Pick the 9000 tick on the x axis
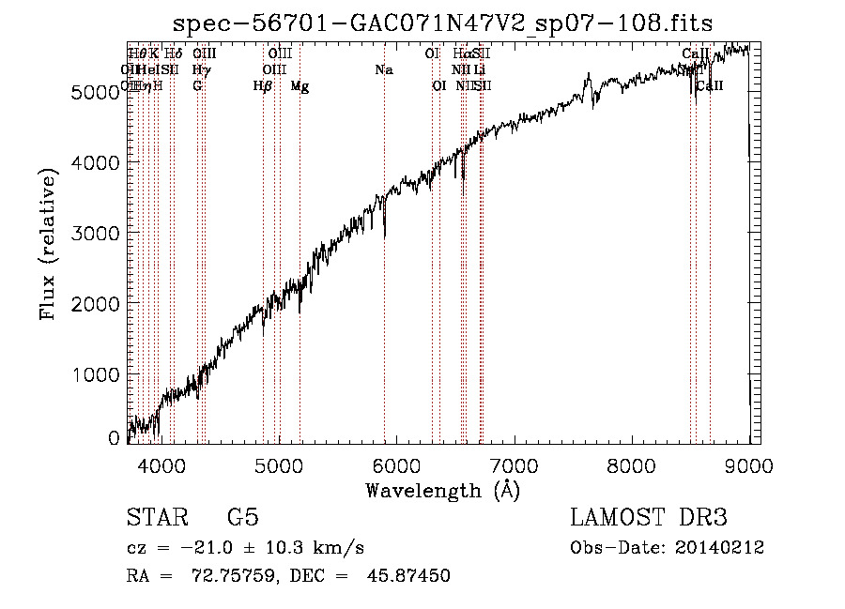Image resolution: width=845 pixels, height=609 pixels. [x=748, y=464]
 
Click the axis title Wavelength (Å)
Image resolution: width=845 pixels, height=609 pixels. [x=442, y=490]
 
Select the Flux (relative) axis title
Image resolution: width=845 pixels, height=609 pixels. [x=48, y=243]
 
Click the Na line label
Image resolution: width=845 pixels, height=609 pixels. [x=383, y=70]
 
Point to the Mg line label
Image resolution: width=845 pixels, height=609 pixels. [x=300, y=86]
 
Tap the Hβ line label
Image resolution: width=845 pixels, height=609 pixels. [x=263, y=86]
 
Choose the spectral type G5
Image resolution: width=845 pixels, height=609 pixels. [x=242, y=519]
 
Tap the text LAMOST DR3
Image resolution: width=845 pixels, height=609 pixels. [x=648, y=519]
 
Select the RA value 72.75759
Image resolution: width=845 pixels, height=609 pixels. [x=223, y=575]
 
